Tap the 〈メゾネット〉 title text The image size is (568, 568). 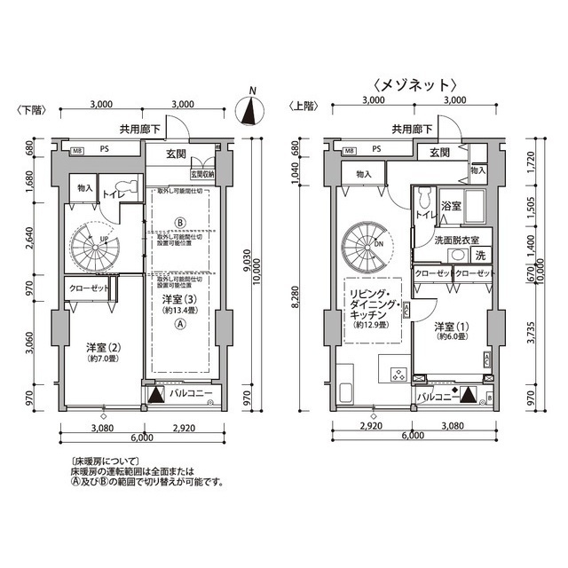(414, 85)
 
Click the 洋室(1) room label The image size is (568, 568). (449, 332)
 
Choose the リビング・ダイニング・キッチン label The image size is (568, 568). (374, 307)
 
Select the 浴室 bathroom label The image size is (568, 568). (451, 207)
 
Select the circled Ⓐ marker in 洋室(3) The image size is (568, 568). (180, 326)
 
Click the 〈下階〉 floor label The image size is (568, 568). (29, 109)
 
